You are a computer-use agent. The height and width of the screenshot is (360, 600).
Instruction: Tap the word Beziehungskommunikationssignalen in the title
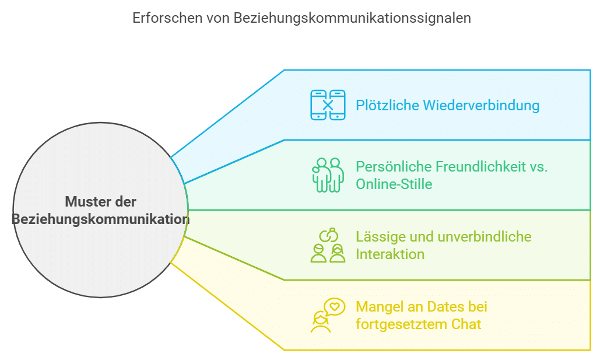352,18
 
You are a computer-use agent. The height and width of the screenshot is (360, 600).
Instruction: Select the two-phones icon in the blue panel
328,105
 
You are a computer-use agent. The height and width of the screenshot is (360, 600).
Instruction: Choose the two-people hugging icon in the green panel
328,175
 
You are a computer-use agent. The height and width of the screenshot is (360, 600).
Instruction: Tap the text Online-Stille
394,184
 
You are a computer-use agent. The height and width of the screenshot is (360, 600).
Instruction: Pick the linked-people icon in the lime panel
328,245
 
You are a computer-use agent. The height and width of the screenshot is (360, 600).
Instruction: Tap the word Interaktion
390,254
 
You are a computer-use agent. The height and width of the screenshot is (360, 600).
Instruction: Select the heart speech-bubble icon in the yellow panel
326,315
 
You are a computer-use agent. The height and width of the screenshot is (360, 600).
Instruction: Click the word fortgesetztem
400,324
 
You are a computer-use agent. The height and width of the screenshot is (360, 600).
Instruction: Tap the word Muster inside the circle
86,202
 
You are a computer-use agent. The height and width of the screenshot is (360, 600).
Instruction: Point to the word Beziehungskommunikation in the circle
100,219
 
